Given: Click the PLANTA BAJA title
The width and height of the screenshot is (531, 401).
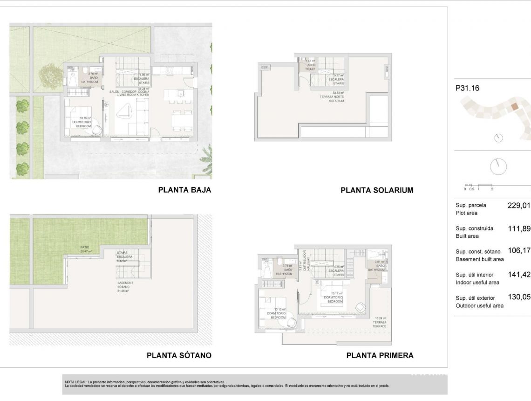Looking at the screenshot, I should pyautogui.click(x=184, y=190).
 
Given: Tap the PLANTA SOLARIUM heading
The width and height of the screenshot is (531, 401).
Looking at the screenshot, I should pyautogui.click(x=377, y=190).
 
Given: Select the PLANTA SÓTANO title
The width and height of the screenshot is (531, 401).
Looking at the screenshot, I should pyautogui.click(x=179, y=355).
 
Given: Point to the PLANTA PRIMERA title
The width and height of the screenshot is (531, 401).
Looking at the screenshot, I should pyautogui.click(x=380, y=355).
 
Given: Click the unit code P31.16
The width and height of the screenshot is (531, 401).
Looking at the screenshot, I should pyautogui.click(x=467, y=88).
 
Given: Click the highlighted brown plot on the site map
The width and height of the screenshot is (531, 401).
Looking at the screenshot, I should pyautogui.click(x=514, y=107).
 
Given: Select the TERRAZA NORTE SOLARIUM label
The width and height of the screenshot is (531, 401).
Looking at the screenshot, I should pyautogui.click(x=336, y=97).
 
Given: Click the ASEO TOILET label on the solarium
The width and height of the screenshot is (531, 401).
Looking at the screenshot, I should pyautogui.click(x=310, y=67).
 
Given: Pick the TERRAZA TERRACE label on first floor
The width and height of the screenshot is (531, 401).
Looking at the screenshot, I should pyautogui.click(x=380, y=322).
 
